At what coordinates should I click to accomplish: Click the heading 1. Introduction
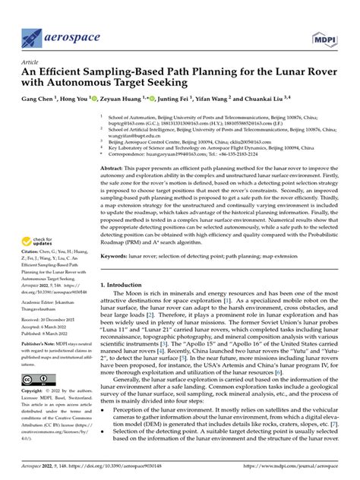(124, 264)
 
